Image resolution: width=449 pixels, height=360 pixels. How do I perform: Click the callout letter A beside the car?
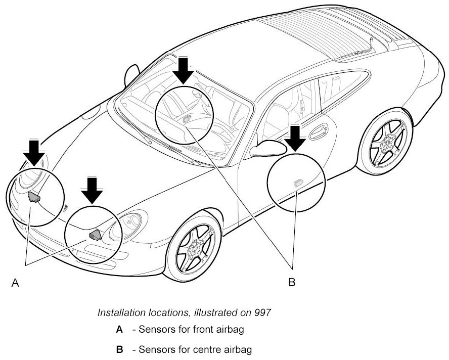[16, 283]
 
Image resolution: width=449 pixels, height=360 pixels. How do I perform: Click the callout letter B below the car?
[291, 282]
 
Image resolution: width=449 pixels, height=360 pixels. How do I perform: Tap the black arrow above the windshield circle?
[185, 70]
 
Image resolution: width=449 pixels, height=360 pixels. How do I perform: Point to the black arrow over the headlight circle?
[34, 152]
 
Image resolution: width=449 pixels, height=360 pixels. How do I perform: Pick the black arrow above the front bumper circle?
[92, 190]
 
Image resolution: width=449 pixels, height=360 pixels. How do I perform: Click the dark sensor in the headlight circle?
[34, 198]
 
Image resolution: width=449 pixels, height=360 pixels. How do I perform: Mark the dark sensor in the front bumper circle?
[95, 234]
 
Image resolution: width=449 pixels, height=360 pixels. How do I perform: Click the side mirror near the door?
[267, 148]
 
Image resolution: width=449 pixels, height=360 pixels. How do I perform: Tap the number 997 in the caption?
[263, 312]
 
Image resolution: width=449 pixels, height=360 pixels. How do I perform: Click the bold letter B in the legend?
[119, 349]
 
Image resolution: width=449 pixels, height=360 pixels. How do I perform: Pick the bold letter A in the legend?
[119, 330]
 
